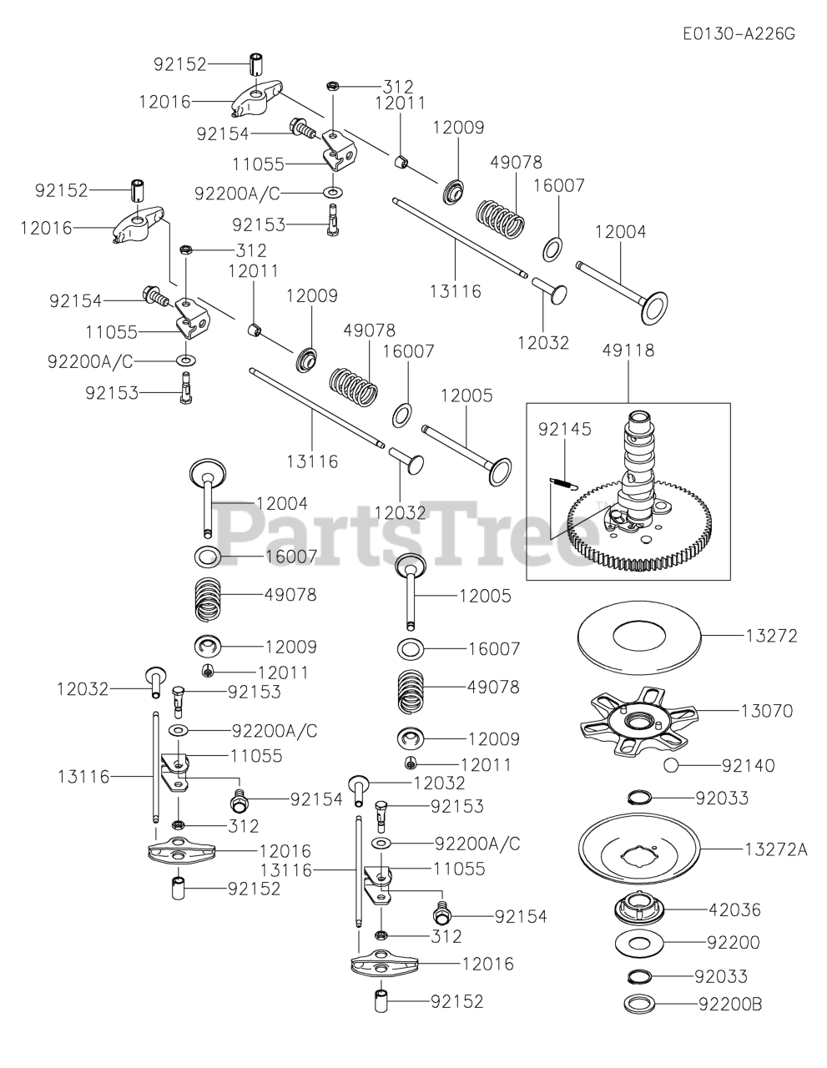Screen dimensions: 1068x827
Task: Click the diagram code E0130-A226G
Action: coord(738,34)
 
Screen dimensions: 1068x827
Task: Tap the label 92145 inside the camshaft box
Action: coord(564,430)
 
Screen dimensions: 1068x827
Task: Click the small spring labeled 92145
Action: coord(565,480)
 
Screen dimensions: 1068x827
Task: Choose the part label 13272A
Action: coord(776,849)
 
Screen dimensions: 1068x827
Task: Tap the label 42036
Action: coord(734,909)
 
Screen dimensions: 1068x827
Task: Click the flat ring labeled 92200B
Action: coord(640,1004)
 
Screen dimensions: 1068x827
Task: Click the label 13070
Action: coord(766,711)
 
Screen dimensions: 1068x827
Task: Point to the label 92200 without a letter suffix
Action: coord(733,943)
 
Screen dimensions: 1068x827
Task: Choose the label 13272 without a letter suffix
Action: coord(769,636)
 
